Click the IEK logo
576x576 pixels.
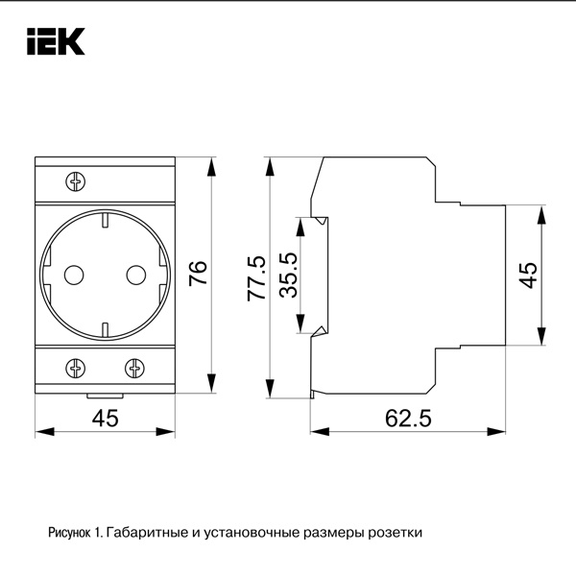(55, 40)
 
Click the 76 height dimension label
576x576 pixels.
(198, 273)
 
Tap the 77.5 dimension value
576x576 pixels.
(256, 279)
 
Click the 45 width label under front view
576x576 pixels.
(105, 418)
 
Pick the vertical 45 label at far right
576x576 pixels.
(526, 273)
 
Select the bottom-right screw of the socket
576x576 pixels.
(134, 367)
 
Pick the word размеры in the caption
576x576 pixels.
(329, 531)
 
